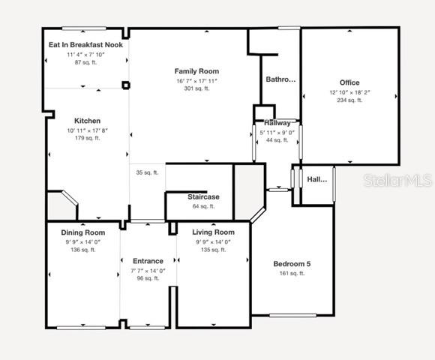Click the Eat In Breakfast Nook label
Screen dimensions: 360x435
(x=86, y=45)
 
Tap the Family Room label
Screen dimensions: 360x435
(x=196, y=71)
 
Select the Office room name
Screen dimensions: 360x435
(x=349, y=82)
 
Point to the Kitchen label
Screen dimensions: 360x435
(x=87, y=121)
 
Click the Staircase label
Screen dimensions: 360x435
(x=202, y=196)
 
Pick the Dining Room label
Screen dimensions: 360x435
(x=83, y=232)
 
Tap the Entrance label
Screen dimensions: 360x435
(x=148, y=261)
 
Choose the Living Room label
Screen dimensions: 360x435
(x=212, y=232)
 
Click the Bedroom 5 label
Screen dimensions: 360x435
(x=292, y=264)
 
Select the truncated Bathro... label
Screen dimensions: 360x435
(x=281, y=79)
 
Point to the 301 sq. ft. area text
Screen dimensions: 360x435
(x=196, y=88)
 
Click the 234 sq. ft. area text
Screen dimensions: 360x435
(x=349, y=100)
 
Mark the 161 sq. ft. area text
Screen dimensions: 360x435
(x=292, y=274)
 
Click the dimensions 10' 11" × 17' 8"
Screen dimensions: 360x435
(x=87, y=130)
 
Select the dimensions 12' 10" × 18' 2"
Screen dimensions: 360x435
(x=349, y=92)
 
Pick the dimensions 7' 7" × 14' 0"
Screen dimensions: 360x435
(x=148, y=271)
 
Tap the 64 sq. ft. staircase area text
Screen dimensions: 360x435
(x=202, y=206)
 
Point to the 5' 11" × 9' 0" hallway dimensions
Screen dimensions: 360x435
(x=277, y=132)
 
